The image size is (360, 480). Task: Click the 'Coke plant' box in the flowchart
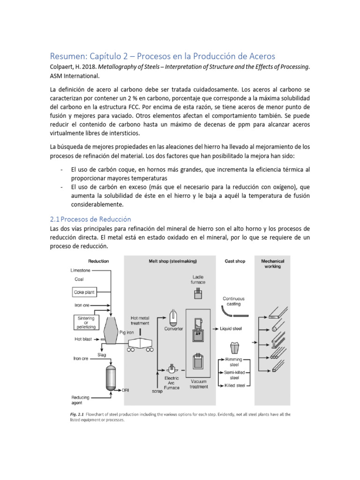pos(84,292)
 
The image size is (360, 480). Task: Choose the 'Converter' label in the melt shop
pos(173,329)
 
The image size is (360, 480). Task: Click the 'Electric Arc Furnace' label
pos(172,382)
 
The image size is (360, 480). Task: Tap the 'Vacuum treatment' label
pos(199,384)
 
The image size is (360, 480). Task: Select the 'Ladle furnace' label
pos(198,279)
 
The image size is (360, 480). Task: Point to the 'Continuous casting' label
pos(233,301)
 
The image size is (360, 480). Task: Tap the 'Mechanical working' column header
pos(272,263)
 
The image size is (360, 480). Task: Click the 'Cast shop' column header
pos(234,261)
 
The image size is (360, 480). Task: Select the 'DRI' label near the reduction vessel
pos(126,390)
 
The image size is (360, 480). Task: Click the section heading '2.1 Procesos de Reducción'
pos(90,219)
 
